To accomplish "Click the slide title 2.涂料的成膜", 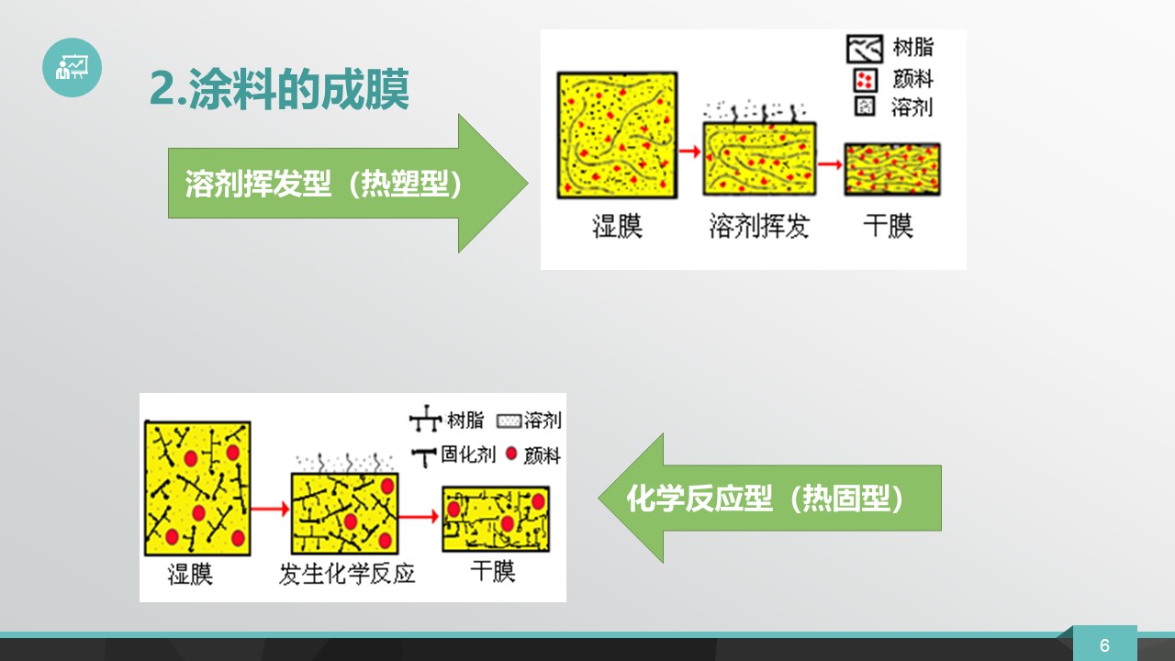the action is [x=279, y=89].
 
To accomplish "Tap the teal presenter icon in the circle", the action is [x=72, y=67].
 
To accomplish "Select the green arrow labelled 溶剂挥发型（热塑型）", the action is [x=348, y=183].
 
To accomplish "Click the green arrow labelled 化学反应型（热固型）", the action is [x=769, y=498].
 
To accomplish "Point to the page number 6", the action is [x=1104, y=645].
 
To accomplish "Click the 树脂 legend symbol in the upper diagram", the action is [x=865, y=49].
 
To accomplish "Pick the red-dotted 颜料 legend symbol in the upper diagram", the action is [x=865, y=80].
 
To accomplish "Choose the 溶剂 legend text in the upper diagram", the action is [x=912, y=107].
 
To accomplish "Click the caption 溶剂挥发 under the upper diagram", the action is [x=758, y=226].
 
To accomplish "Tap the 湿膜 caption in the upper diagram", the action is [x=617, y=226].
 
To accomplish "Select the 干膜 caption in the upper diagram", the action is [x=888, y=226].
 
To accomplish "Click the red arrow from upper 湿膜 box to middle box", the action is [x=689, y=151].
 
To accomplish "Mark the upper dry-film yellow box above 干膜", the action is [x=891, y=170].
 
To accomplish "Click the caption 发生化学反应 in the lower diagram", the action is [x=347, y=574].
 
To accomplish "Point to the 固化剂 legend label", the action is [x=468, y=454].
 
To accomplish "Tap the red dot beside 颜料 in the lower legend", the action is [x=511, y=454].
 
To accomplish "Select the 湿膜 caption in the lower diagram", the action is [x=190, y=574].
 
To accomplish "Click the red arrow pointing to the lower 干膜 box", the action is [x=418, y=516].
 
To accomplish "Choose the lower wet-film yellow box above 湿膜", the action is [x=197, y=487].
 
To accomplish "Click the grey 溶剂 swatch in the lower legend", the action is [x=509, y=420].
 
